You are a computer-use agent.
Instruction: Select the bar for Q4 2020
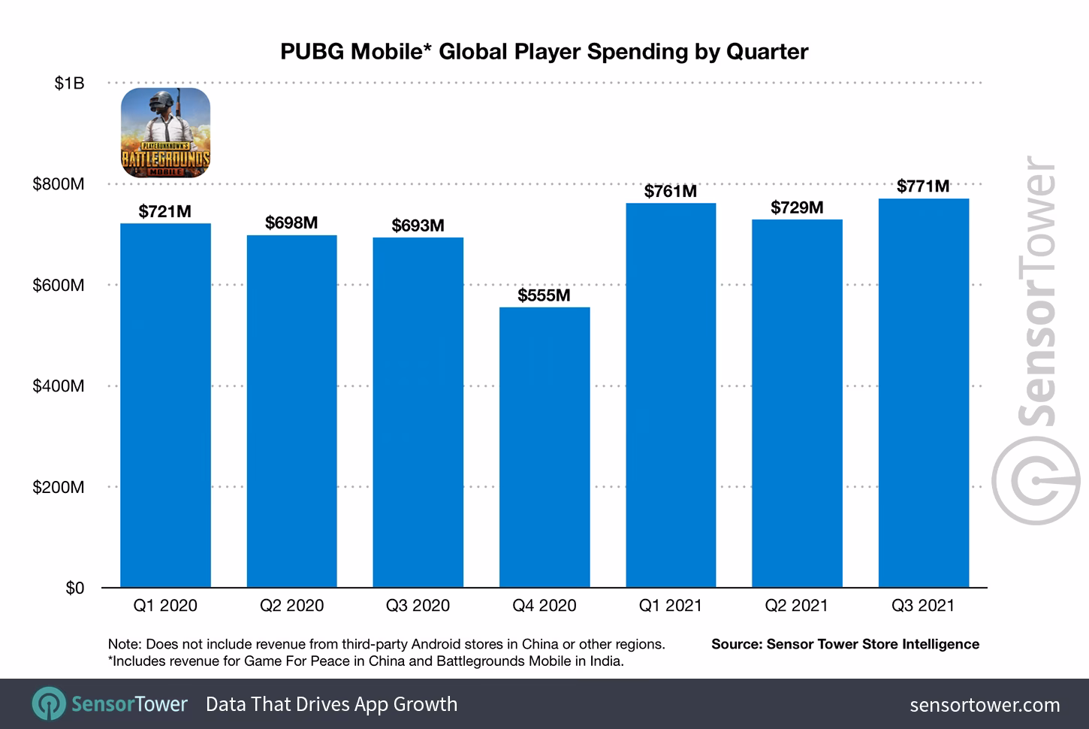coord(544,447)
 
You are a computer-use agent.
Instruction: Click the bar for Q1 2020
coord(165,406)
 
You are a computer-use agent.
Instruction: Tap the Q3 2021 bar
coord(923,393)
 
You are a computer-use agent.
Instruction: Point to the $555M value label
coord(544,295)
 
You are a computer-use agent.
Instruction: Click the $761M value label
coord(670,192)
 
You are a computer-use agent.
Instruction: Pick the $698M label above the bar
coord(291,223)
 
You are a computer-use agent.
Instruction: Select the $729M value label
coord(797,207)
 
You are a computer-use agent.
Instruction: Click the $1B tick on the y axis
coord(69,83)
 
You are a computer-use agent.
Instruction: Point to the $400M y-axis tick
coord(59,386)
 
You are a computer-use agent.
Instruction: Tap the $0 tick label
coord(74,588)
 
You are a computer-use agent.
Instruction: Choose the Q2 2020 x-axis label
coord(291,606)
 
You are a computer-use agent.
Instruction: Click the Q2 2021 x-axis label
coord(796,606)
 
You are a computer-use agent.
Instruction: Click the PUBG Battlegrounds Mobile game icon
coord(166,133)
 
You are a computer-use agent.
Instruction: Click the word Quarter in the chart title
coord(767,51)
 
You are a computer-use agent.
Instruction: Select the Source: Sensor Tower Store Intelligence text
coord(845,644)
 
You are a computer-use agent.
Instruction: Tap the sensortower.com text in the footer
coord(985,705)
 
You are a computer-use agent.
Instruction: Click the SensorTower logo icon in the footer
coord(48,704)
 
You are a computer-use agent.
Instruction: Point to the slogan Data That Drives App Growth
coord(331,704)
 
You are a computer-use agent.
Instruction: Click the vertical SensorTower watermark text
coord(1036,293)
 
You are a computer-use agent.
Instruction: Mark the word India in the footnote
coord(606,661)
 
